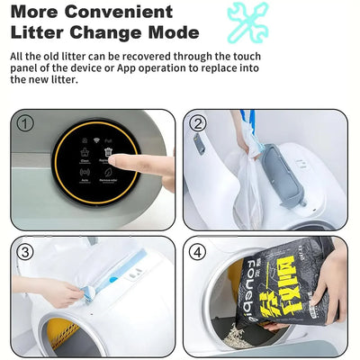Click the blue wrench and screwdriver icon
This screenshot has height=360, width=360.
tap(247, 22)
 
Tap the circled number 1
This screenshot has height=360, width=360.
tap(25, 123)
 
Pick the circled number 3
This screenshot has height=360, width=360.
tap(25, 252)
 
